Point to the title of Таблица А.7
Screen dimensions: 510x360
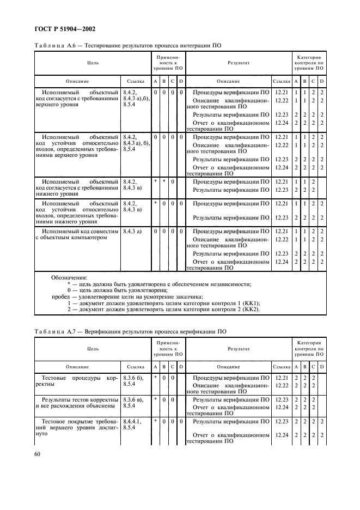(130, 331)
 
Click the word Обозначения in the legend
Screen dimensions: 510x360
(69, 277)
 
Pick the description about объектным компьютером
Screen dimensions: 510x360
(77, 234)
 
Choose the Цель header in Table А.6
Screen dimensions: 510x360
(93, 63)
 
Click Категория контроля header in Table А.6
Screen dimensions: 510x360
(309, 63)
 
